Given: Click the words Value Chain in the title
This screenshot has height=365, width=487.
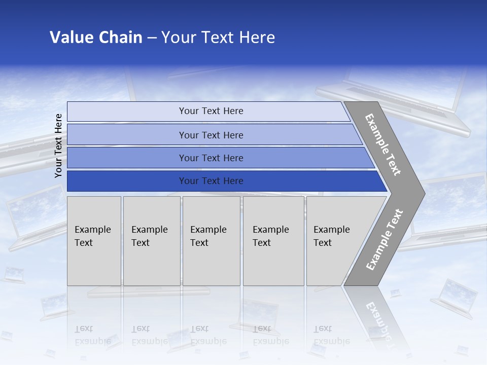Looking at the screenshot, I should coord(96,38).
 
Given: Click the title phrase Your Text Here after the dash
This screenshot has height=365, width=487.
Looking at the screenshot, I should coord(218,38).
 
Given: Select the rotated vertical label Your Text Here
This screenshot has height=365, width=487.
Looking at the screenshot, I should coord(59,145).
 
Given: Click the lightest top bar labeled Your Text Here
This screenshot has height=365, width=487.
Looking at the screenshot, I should coord(211,111).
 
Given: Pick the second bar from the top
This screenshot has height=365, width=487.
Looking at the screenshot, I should coord(211,135).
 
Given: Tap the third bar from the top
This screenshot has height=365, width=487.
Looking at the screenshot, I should coord(211,158).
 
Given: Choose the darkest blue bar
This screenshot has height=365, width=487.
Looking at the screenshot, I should coord(211,181).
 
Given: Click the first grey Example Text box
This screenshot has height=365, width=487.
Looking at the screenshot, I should coord(94,241).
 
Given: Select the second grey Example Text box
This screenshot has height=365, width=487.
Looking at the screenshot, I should coord(151,241).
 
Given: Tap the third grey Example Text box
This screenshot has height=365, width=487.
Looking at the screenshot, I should coord(211,241).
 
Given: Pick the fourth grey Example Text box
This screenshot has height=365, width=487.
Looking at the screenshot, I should coord(273,241).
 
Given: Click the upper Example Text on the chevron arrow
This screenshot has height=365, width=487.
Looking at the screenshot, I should coord(383,144).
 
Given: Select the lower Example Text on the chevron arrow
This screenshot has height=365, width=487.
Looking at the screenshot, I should coord(385,240).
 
